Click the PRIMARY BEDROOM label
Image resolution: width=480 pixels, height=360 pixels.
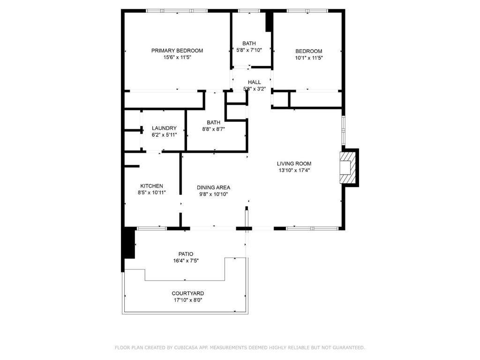click(x=177, y=51)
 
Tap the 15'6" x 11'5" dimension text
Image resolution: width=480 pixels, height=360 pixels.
click(x=177, y=57)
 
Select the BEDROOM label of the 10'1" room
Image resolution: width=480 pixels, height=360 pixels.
click(x=308, y=51)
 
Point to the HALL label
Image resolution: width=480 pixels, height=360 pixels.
click(x=255, y=82)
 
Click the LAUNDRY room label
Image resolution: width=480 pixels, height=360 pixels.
click(x=164, y=128)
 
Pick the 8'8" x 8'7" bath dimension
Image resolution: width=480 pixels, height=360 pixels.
click(x=213, y=129)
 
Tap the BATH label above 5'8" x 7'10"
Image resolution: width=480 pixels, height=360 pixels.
click(x=249, y=44)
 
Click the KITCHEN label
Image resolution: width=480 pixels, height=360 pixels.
click(x=151, y=186)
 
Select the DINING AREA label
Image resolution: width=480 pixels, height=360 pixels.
click(x=213, y=187)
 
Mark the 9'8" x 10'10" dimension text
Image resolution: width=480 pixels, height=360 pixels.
click(x=213, y=194)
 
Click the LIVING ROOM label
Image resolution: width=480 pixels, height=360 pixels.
click(x=294, y=164)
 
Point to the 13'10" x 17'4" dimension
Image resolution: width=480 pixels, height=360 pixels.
click(x=294, y=171)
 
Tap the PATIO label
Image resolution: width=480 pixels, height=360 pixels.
click(x=186, y=254)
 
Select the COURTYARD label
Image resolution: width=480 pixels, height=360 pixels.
click(x=187, y=293)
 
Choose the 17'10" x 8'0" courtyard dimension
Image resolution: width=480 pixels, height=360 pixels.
click(x=187, y=300)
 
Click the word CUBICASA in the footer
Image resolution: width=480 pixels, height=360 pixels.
click(x=186, y=347)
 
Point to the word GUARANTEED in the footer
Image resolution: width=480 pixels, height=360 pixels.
click(x=349, y=347)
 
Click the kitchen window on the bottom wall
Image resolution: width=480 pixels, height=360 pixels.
click(x=151, y=228)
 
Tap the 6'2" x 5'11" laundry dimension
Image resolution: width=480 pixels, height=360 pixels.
click(x=164, y=135)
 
